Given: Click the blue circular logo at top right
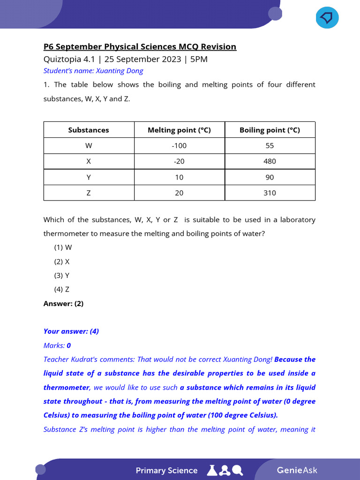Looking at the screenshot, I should click(x=327, y=17).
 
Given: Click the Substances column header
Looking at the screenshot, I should click(x=89, y=130).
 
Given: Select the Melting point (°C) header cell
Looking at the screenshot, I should click(x=179, y=130).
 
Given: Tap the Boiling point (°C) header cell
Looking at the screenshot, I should click(x=270, y=130).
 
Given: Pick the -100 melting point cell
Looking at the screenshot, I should click(x=179, y=145).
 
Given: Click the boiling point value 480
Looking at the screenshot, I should click(x=270, y=161).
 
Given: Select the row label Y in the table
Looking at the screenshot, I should click(x=89, y=177).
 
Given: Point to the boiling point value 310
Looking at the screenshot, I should click(x=270, y=193).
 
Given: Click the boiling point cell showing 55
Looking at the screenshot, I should click(x=270, y=145).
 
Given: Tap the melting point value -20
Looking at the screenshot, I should click(x=179, y=161).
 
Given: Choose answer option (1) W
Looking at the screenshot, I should click(x=63, y=247).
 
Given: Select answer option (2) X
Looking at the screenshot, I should click(x=62, y=262).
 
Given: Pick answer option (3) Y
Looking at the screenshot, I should click(x=62, y=275).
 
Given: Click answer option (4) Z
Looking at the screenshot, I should click(x=62, y=289).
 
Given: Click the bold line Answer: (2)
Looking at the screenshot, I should click(x=63, y=303).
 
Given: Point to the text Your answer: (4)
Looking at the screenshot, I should click(x=71, y=331).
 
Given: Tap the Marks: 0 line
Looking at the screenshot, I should click(x=57, y=345).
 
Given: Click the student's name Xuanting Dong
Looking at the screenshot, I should click(x=119, y=71).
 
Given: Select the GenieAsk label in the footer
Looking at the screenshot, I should click(x=297, y=470).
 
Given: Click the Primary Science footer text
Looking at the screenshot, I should click(x=166, y=470).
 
